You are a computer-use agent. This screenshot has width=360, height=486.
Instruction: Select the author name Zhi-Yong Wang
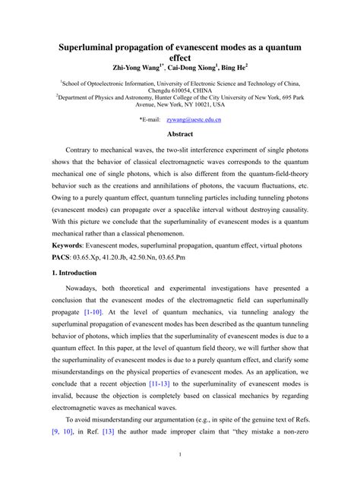pos(137,67)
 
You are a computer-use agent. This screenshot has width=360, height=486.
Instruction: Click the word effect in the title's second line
pos(180,57)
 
